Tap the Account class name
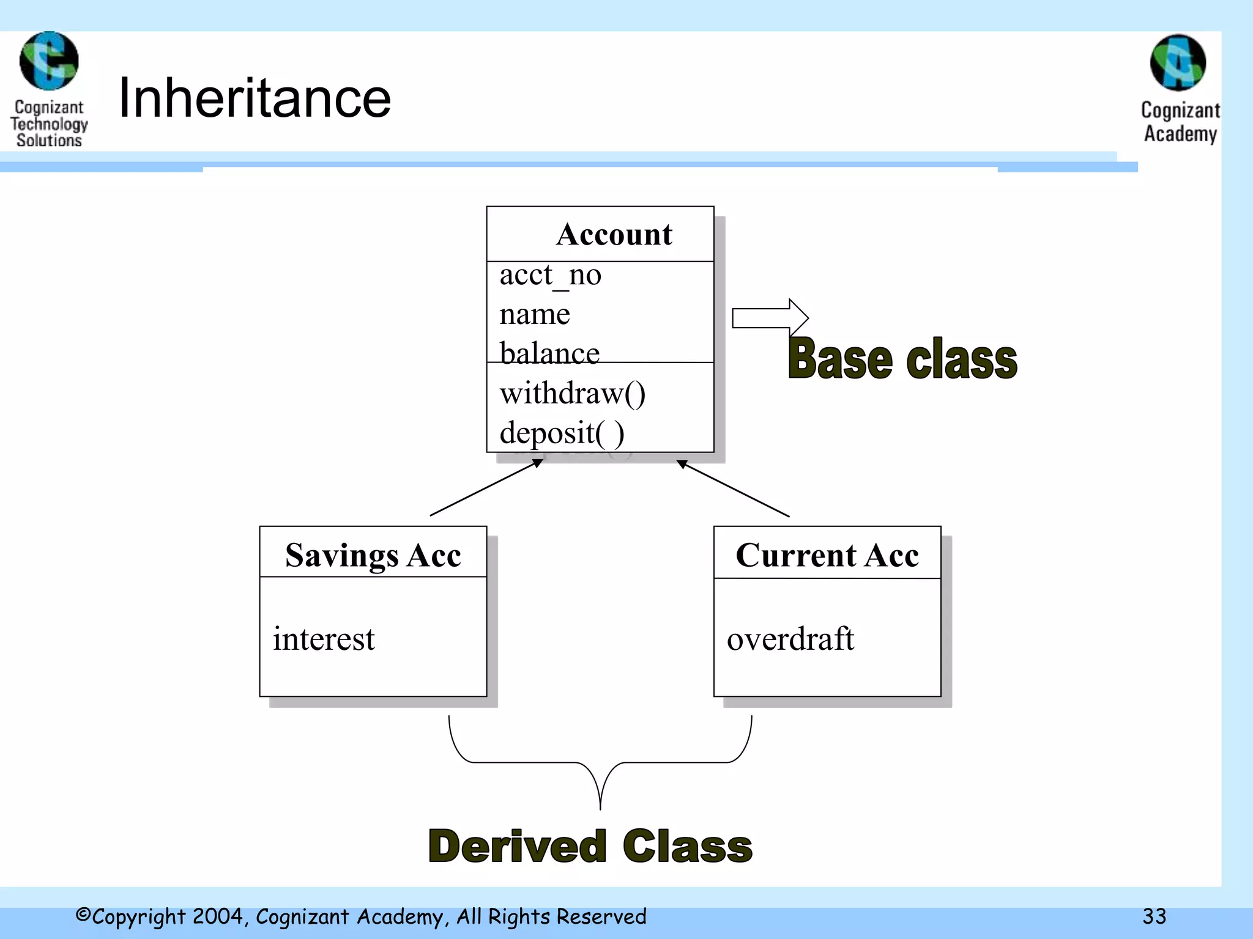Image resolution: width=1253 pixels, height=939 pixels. pos(614,234)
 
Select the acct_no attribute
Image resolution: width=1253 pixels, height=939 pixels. pos(550,275)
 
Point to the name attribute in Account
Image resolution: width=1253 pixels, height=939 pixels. pos(534,314)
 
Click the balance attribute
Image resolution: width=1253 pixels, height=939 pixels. pos(549,353)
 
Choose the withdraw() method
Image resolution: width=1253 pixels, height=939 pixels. pos(572,393)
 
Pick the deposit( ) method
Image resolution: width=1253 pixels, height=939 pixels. pos(562,433)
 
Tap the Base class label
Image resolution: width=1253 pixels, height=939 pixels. pos(902,359)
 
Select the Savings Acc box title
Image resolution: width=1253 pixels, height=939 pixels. pos(373,555)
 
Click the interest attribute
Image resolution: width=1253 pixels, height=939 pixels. pos(323,639)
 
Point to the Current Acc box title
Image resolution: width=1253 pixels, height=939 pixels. pos(827,555)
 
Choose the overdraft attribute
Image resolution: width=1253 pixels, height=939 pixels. pos(790,639)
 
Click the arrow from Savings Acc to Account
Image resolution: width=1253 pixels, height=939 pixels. pos(486,487)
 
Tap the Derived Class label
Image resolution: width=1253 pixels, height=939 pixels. pos(590,846)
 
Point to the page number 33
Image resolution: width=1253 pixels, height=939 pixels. pos(1154,916)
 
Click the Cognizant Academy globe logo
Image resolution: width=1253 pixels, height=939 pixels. pos(1178,63)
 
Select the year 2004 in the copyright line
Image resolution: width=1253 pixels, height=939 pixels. pos(218,916)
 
